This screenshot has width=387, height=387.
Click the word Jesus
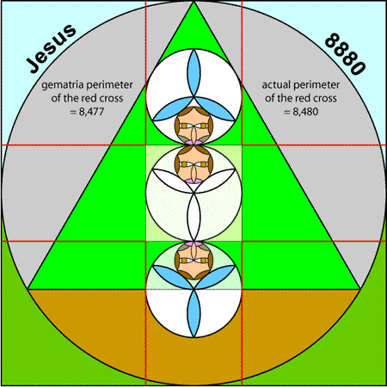click(52, 48)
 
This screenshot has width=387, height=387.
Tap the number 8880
click(345, 54)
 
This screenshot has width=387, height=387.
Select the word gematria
click(63, 85)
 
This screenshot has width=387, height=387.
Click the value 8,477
click(91, 112)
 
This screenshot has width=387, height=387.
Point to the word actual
click(276, 85)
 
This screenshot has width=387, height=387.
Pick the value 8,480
click(305, 112)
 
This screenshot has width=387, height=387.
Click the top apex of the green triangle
click(193, 2)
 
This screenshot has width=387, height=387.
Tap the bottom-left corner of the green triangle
click(28, 289)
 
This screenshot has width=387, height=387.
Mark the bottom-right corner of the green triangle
click(360, 289)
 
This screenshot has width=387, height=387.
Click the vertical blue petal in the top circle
click(193, 73)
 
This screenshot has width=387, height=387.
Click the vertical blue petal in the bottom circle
click(193, 313)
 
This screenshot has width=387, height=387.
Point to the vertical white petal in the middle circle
click(193, 217)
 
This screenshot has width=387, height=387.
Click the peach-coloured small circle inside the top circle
click(193, 126)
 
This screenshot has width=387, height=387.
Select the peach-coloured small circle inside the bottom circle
click(193, 261)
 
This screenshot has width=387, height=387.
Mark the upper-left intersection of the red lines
click(146, 145)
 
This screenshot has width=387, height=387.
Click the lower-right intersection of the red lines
click(242, 242)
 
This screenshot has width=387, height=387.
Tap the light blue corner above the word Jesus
click(17, 17)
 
